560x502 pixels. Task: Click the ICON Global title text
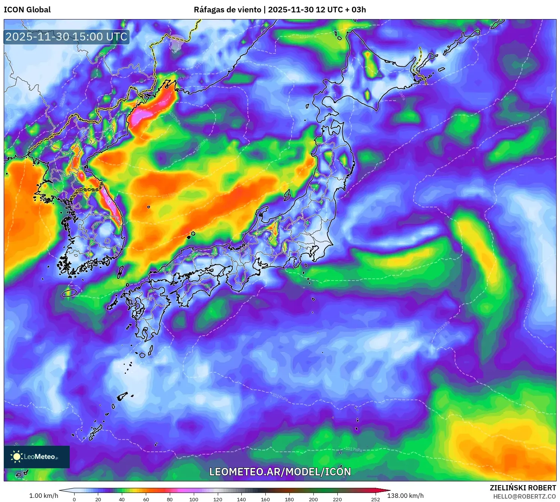(x=27, y=10)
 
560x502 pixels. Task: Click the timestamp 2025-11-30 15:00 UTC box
(x=66, y=37)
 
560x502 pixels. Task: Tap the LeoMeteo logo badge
(x=37, y=457)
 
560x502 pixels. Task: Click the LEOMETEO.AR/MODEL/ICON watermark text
(x=280, y=472)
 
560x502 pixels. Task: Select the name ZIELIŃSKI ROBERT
(x=523, y=488)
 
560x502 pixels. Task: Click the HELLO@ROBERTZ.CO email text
(x=524, y=496)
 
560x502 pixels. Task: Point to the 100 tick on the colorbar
(x=193, y=499)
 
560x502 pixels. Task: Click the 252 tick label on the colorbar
(x=375, y=499)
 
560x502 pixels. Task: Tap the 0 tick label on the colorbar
(x=74, y=499)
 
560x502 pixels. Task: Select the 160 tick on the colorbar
(x=265, y=499)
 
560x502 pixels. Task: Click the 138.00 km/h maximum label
(x=405, y=496)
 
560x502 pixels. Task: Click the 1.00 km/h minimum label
(x=44, y=496)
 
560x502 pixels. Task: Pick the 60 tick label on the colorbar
(x=146, y=499)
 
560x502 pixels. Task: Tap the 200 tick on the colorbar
(x=313, y=499)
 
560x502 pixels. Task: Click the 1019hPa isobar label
(x=280, y=397)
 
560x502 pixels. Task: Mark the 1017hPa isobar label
(x=353, y=449)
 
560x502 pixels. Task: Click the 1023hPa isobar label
(x=528, y=307)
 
